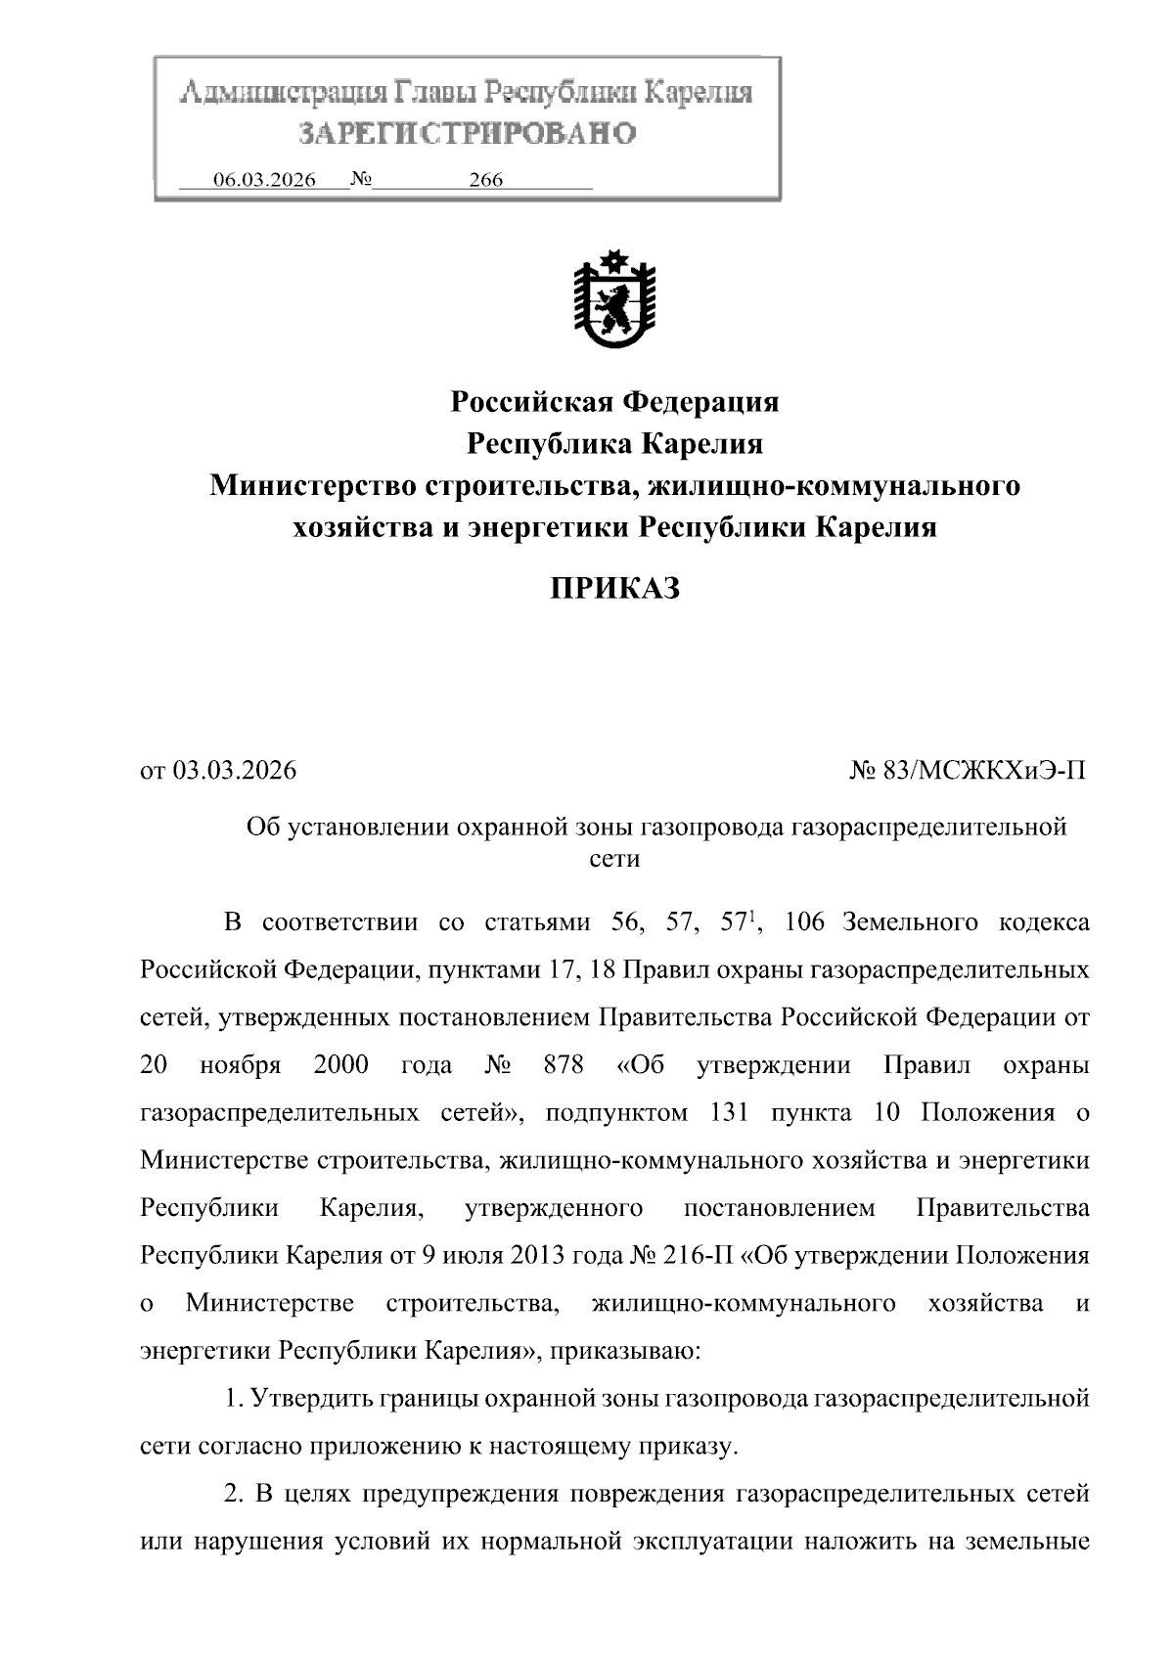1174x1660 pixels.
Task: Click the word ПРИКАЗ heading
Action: pos(613,589)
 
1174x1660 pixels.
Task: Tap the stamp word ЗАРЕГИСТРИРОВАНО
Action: pos(467,133)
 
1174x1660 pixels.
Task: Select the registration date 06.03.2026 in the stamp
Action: pos(264,180)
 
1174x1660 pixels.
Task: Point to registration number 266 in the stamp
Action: pos(485,180)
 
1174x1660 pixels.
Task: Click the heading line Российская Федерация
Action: pos(613,401)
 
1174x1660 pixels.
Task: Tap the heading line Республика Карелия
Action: pos(613,444)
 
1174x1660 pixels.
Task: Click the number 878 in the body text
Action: pos(564,1065)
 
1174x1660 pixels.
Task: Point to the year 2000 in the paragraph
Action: pos(340,1065)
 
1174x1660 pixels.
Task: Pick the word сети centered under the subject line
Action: pos(615,859)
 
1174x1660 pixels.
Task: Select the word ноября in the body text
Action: pos(241,1065)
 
